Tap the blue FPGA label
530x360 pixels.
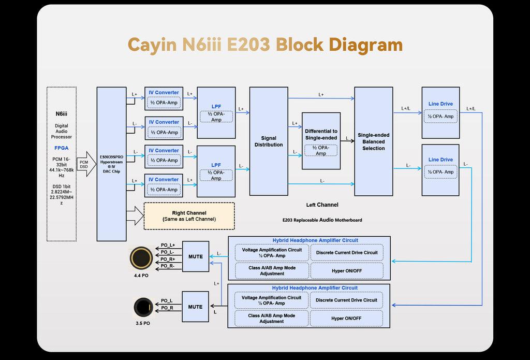pos(62,148)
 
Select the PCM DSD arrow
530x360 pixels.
pos(84,164)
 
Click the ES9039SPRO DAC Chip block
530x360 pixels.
pos(111,164)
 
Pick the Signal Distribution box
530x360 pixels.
pos(269,141)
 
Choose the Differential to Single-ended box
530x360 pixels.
pos(321,141)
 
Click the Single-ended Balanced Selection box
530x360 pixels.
pos(373,141)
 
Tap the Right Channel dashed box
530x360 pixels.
pos(188,216)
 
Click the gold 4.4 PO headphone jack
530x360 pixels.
pos(141,257)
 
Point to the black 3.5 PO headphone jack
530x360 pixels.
pos(141,307)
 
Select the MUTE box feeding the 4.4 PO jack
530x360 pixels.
pos(195,256)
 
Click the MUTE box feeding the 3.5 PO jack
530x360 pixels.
pos(195,307)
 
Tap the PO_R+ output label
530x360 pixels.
pos(168,259)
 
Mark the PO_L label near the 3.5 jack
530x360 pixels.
pos(167,300)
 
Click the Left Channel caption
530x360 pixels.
pos(322,205)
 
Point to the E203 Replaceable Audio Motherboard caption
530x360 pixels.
pos(322,220)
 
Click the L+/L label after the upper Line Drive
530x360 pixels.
pos(471,109)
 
